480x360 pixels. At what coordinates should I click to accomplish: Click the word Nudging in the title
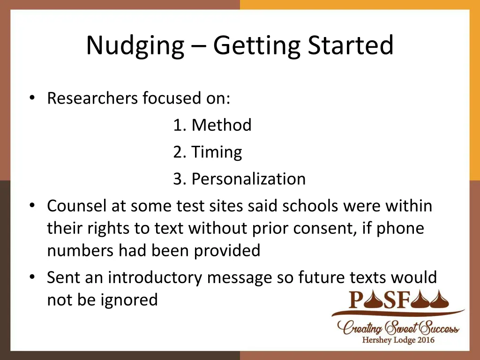(135, 46)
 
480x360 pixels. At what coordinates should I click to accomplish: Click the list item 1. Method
(212, 125)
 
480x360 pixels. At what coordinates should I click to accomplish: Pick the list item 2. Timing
(207, 152)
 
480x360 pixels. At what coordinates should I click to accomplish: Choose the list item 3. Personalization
(239, 179)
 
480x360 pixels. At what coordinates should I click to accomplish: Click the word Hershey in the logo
(378, 340)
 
